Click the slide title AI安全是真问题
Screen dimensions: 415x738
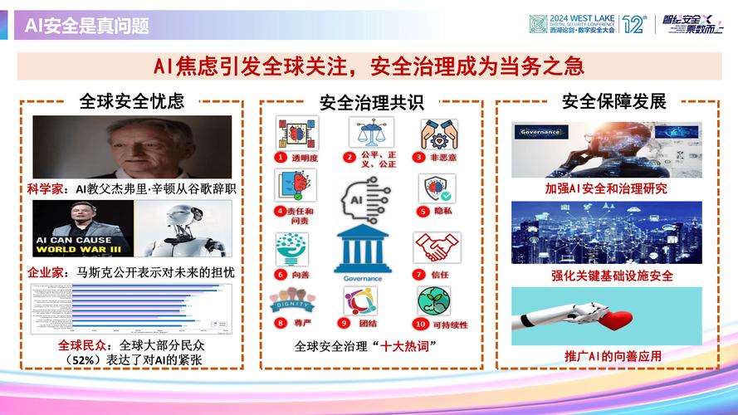click(x=86, y=26)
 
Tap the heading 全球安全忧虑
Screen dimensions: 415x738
click(x=131, y=101)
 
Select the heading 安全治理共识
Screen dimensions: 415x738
click(x=371, y=102)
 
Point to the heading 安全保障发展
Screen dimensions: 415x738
click(x=613, y=101)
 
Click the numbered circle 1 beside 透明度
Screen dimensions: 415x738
click(x=283, y=156)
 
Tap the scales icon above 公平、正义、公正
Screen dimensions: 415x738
click(x=370, y=134)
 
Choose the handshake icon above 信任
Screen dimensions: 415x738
click(x=432, y=248)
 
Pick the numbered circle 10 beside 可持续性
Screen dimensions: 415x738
click(x=418, y=324)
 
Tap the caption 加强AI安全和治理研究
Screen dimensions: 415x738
click(x=605, y=188)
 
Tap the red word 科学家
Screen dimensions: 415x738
click(x=44, y=188)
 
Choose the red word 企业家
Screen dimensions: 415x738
click(x=44, y=271)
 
